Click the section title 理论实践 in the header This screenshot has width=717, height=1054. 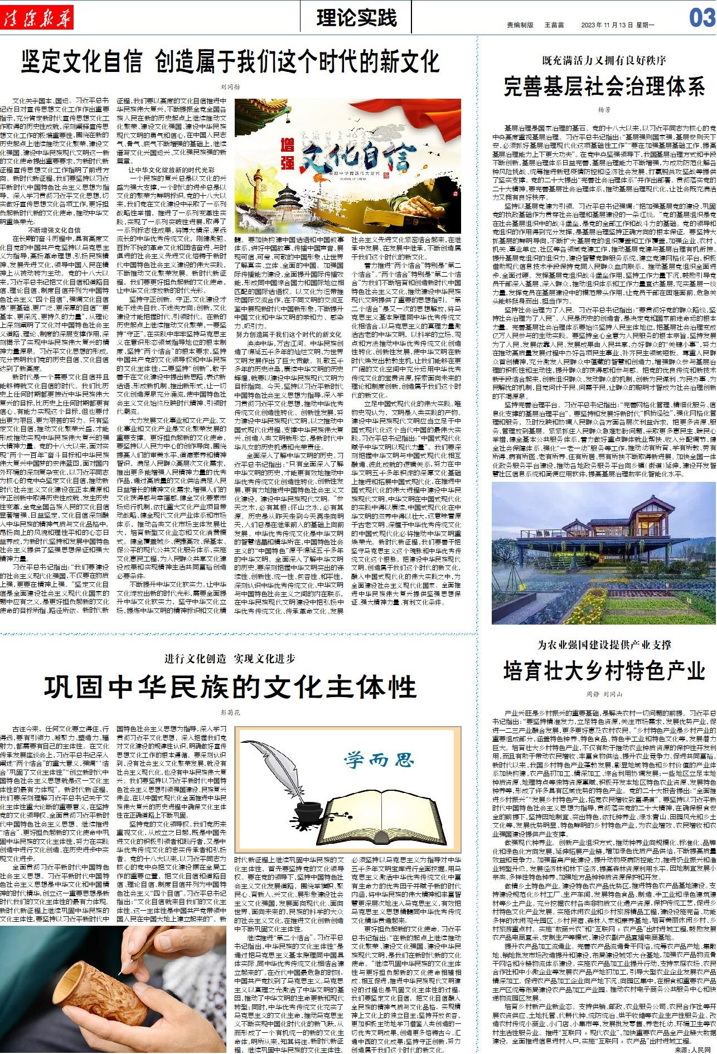(356, 18)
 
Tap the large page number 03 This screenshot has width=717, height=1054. (701, 18)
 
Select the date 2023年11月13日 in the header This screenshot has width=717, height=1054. (608, 25)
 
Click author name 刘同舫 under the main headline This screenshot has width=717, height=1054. (230, 87)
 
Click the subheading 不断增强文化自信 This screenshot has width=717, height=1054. (54, 230)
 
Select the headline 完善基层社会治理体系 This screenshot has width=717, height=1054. (604, 88)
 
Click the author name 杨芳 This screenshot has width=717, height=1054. (604, 111)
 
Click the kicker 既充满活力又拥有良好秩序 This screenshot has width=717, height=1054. (604, 60)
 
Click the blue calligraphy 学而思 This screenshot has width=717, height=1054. (379, 760)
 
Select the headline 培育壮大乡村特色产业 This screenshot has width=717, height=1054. (604, 671)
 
